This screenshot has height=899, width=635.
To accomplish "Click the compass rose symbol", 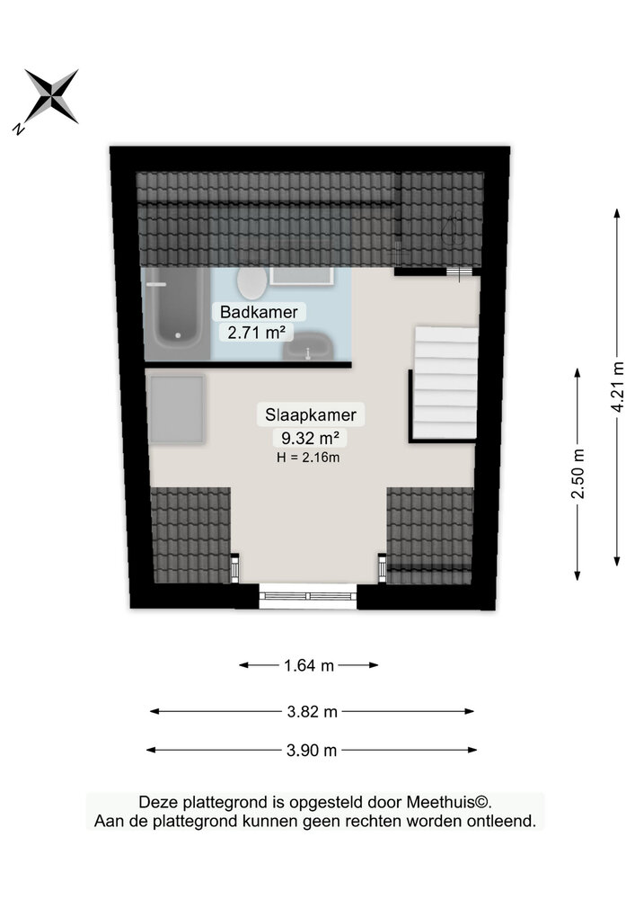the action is [x=51, y=96].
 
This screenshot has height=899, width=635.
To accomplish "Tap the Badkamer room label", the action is [x=259, y=312].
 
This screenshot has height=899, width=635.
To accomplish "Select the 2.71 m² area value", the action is [x=257, y=332].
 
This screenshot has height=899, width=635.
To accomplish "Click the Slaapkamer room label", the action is [x=311, y=414].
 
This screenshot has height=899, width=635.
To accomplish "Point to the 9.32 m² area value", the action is [x=310, y=438].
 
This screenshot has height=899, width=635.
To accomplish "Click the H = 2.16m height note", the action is [x=308, y=458].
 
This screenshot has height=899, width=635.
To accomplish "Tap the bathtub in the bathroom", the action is [x=176, y=313].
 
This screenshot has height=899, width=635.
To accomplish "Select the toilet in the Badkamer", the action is [x=252, y=283].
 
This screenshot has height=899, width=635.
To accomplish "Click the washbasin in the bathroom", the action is [x=309, y=346].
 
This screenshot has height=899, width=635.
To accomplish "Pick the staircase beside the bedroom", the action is [x=445, y=382].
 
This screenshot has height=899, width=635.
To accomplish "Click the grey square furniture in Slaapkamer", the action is [x=176, y=409].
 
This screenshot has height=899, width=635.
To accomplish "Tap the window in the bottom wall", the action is [x=308, y=596].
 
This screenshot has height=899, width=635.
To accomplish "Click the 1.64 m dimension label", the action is [x=309, y=665].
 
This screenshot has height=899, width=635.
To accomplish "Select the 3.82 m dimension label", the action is [x=312, y=712].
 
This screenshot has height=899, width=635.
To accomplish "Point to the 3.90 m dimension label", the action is [x=312, y=751].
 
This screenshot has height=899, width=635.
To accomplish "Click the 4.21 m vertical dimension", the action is [x=617, y=387].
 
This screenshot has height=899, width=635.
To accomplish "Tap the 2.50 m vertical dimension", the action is [x=578, y=474].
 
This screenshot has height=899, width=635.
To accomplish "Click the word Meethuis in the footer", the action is [x=443, y=802].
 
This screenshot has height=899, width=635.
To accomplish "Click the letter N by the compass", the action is [x=19, y=129].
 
